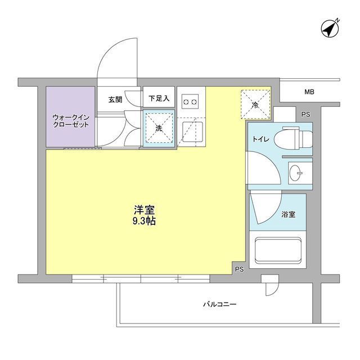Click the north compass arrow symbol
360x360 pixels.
[330, 29]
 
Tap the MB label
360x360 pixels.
[309, 92]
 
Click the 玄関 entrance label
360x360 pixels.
[115, 100]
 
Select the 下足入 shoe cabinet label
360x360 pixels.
[159, 98]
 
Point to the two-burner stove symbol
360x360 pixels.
[190, 101]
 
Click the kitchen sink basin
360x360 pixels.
[192, 132]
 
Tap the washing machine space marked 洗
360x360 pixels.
[159, 128]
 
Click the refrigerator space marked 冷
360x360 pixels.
[255, 105]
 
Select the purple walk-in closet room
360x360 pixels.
[70, 116]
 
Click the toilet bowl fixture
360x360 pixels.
[294, 138]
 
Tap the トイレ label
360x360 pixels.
[261, 139]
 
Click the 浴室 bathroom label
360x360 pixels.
[289, 214]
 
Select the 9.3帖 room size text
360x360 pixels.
[144, 221]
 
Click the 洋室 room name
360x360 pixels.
[145, 210]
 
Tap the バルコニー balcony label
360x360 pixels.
[220, 304]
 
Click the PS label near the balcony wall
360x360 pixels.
[239, 269]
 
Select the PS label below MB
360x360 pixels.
[306, 114]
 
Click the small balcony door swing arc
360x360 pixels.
[272, 289]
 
